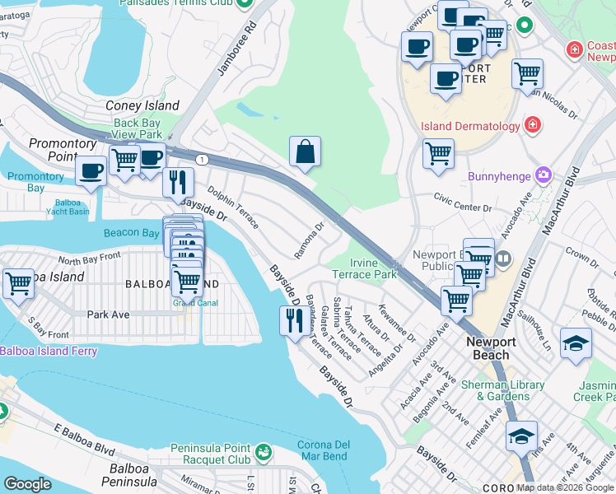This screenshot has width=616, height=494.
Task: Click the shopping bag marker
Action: [305, 152]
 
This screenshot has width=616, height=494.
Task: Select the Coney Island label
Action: [142, 105]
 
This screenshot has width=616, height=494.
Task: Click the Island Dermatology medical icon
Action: [533, 125]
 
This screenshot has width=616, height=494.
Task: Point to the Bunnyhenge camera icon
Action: [543, 175]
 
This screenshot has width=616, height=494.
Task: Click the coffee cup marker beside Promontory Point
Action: [91, 170]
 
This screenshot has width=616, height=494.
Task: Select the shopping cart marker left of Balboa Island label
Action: [18, 284]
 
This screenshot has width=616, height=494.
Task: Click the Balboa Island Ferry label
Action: [49, 351]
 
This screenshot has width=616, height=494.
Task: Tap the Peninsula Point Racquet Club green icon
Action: [263, 451]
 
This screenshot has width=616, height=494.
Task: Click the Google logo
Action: [27, 484]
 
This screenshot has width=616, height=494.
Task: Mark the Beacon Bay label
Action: [132, 233]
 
